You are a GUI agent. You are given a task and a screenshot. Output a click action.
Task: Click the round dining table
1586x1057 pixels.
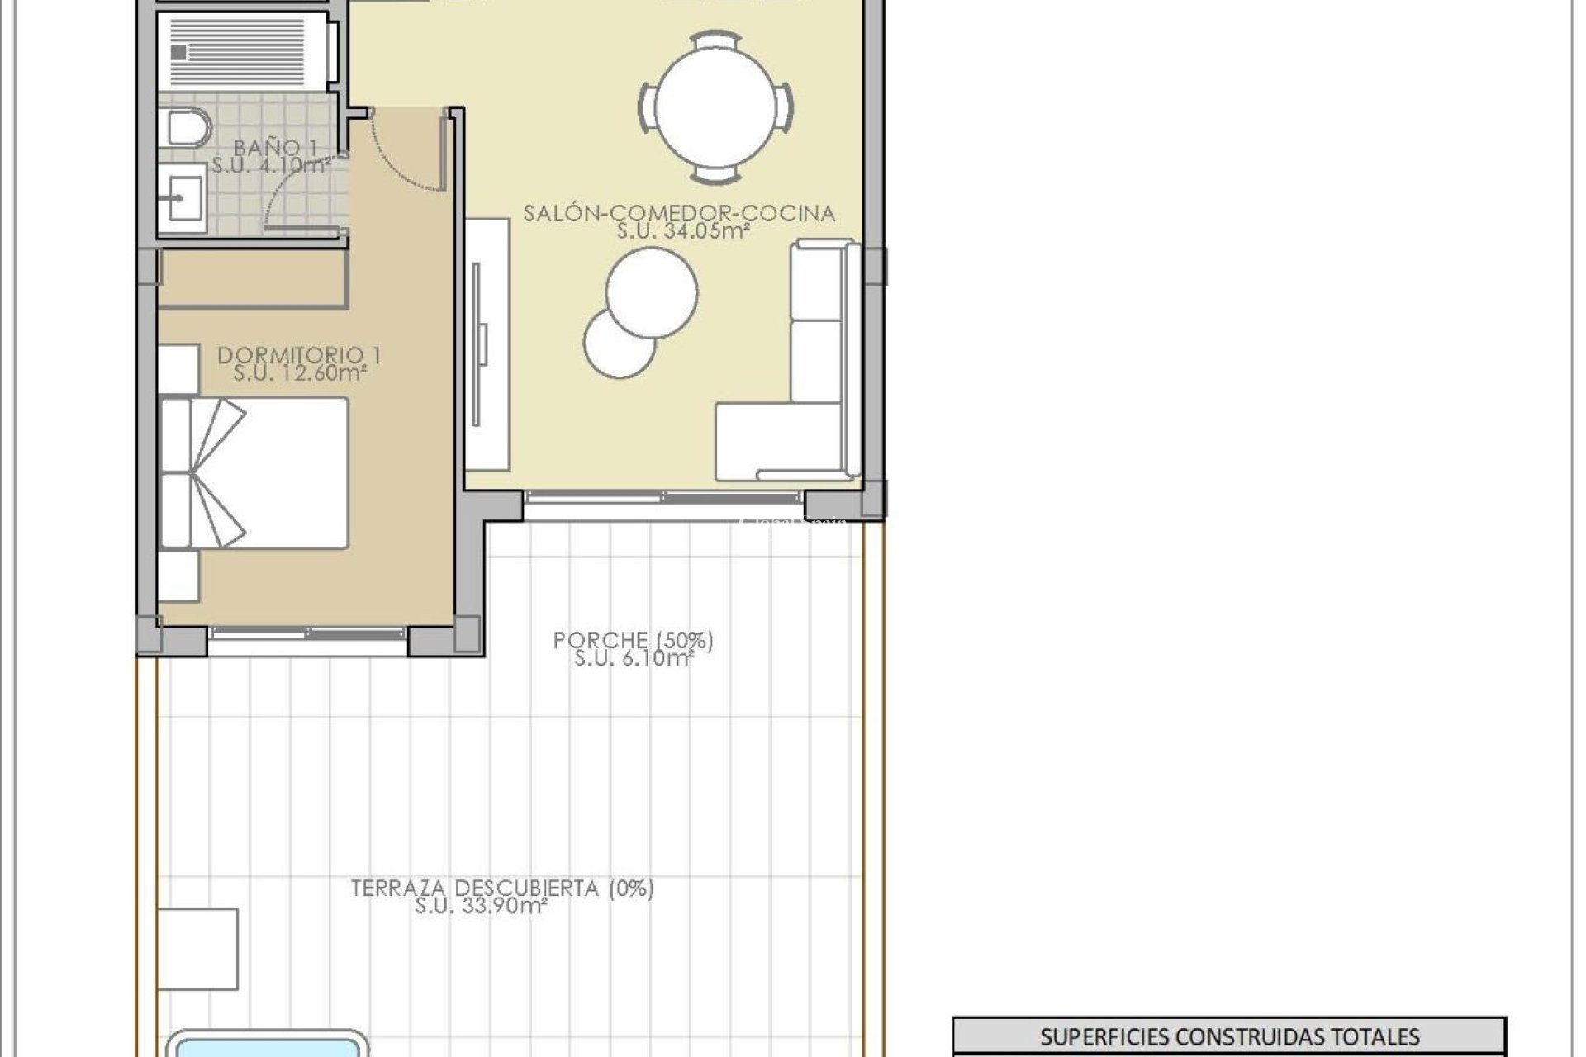point(716,107)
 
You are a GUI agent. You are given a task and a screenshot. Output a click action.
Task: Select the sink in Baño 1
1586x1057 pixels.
point(183,197)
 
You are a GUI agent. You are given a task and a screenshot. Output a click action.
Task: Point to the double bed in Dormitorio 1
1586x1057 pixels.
point(254,473)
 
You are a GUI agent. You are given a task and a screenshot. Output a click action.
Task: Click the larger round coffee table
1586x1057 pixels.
point(651,292)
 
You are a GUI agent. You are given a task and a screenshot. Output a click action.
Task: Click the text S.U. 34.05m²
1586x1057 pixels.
point(682,232)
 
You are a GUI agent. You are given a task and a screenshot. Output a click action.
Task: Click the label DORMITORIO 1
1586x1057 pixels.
point(299,356)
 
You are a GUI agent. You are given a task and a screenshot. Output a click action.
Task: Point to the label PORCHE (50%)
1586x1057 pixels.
point(633,640)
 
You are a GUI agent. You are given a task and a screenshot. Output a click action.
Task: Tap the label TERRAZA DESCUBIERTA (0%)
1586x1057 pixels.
point(502,889)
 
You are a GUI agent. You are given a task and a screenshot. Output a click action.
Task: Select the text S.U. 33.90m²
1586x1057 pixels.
point(482,907)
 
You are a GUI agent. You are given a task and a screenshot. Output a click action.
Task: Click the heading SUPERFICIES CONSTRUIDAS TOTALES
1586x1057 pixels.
point(1229,1036)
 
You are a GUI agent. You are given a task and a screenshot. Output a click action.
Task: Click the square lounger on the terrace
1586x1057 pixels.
point(198,949)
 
